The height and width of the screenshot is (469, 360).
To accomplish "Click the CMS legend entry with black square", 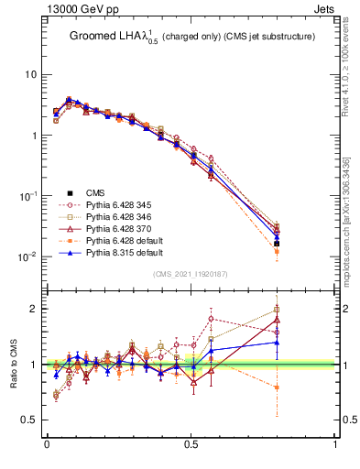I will click(x=95, y=193).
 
